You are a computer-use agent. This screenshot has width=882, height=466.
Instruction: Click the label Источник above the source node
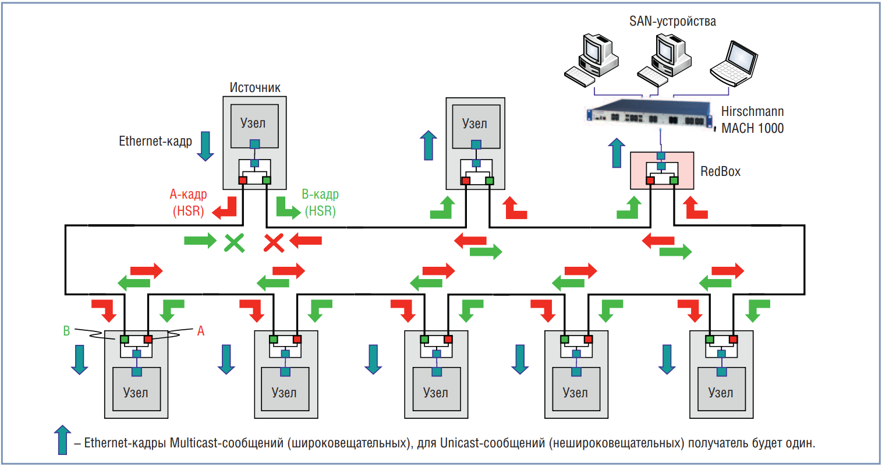click(x=255, y=88)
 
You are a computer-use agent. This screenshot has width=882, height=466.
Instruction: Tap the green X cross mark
click(x=235, y=242)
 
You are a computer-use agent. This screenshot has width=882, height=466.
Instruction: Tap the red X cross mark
click(x=274, y=242)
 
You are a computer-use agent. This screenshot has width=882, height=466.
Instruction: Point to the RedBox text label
click(x=720, y=171)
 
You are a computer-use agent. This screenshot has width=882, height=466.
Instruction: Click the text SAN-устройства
click(x=672, y=22)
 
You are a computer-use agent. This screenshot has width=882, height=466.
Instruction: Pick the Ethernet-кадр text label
click(x=155, y=141)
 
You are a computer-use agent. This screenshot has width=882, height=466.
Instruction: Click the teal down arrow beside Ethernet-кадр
click(x=205, y=146)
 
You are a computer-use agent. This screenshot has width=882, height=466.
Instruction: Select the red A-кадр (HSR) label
click(x=188, y=202)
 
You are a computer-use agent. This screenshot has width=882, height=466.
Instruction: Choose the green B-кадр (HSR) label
click(x=320, y=202)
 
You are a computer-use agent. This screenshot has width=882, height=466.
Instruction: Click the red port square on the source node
click(x=243, y=181)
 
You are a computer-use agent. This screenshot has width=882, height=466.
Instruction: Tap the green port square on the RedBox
click(x=674, y=181)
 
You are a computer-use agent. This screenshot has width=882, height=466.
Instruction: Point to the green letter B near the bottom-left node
click(x=66, y=331)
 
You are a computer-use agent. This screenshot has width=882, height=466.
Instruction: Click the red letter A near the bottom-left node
click(x=201, y=331)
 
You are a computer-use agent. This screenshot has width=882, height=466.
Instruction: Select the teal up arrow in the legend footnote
click(x=62, y=440)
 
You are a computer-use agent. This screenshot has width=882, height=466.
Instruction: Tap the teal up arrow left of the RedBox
click(x=617, y=153)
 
